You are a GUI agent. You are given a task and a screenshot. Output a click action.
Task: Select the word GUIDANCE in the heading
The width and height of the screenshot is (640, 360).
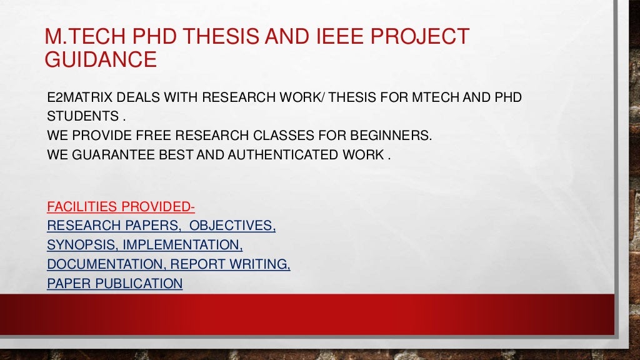tap(101, 60)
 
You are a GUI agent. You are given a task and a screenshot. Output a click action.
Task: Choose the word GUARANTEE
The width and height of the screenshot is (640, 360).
tap(113, 154)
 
